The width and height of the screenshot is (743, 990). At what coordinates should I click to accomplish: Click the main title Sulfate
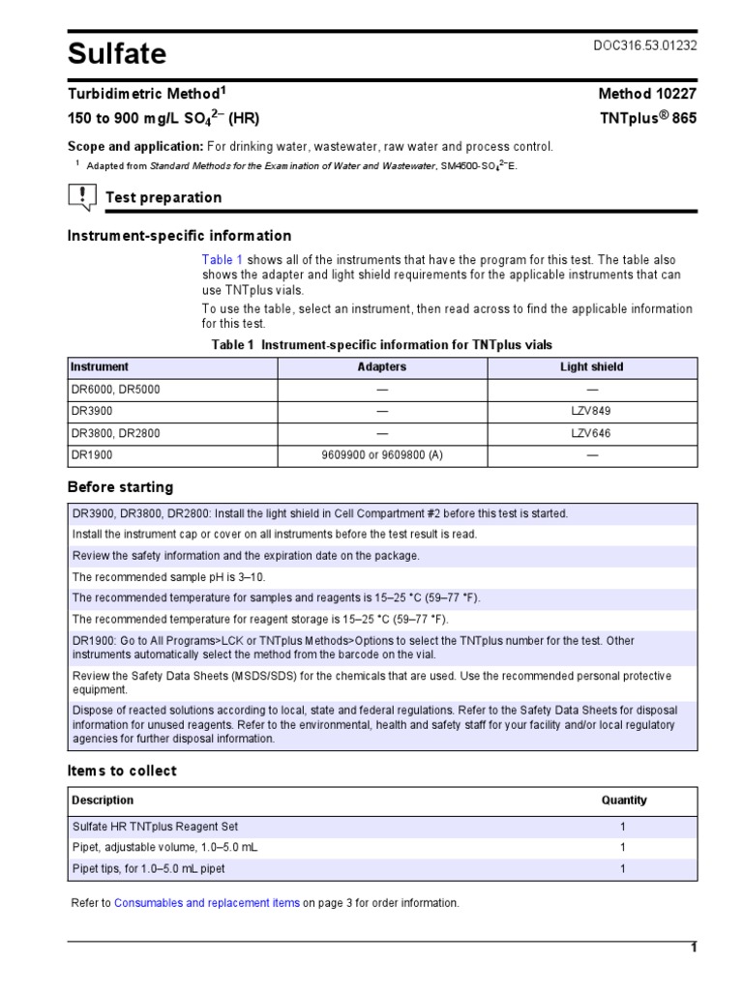[x=117, y=54]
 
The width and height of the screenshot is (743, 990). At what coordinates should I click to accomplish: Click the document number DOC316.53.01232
[x=644, y=46]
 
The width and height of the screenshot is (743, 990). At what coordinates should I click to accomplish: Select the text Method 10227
[x=647, y=95]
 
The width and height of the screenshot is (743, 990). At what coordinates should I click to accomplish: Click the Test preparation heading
[x=163, y=197]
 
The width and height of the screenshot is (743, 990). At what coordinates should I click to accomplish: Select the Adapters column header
[x=382, y=367]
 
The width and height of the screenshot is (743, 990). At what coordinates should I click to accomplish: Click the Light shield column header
[x=591, y=367]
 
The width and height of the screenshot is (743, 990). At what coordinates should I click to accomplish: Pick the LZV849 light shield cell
[x=591, y=411]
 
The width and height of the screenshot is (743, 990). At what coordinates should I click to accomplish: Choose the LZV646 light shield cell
[x=591, y=433]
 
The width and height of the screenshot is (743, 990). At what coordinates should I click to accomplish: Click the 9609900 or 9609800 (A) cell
[x=382, y=455]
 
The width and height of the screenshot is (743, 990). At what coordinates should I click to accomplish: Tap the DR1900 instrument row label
[x=92, y=455]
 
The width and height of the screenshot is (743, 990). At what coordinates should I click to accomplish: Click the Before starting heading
[x=120, y=487]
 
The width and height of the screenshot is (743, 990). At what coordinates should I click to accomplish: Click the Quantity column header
[x=624, y=801]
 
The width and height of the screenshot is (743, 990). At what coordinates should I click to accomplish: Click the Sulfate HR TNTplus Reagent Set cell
[x=155, y=827]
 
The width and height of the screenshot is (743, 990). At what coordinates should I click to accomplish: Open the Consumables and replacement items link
[x=207, y=903]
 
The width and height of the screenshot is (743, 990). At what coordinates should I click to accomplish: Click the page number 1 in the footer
[x=693, y=948]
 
